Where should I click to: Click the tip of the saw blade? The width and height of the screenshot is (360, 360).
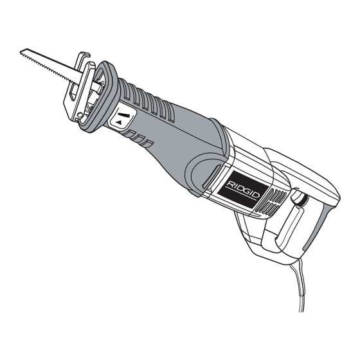(x=21, y=51)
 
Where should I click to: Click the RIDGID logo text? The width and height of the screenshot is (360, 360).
(x=243, y=188)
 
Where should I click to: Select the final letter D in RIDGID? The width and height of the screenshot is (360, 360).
(x=256, y=195)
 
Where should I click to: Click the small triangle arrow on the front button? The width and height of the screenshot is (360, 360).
(x=119, y=122)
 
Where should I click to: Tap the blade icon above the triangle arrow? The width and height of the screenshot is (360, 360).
(x=123, y=114)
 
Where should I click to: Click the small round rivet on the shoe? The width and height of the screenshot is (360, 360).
(x=80, y=114)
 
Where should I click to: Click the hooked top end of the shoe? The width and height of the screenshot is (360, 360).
(x=84, y=55)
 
